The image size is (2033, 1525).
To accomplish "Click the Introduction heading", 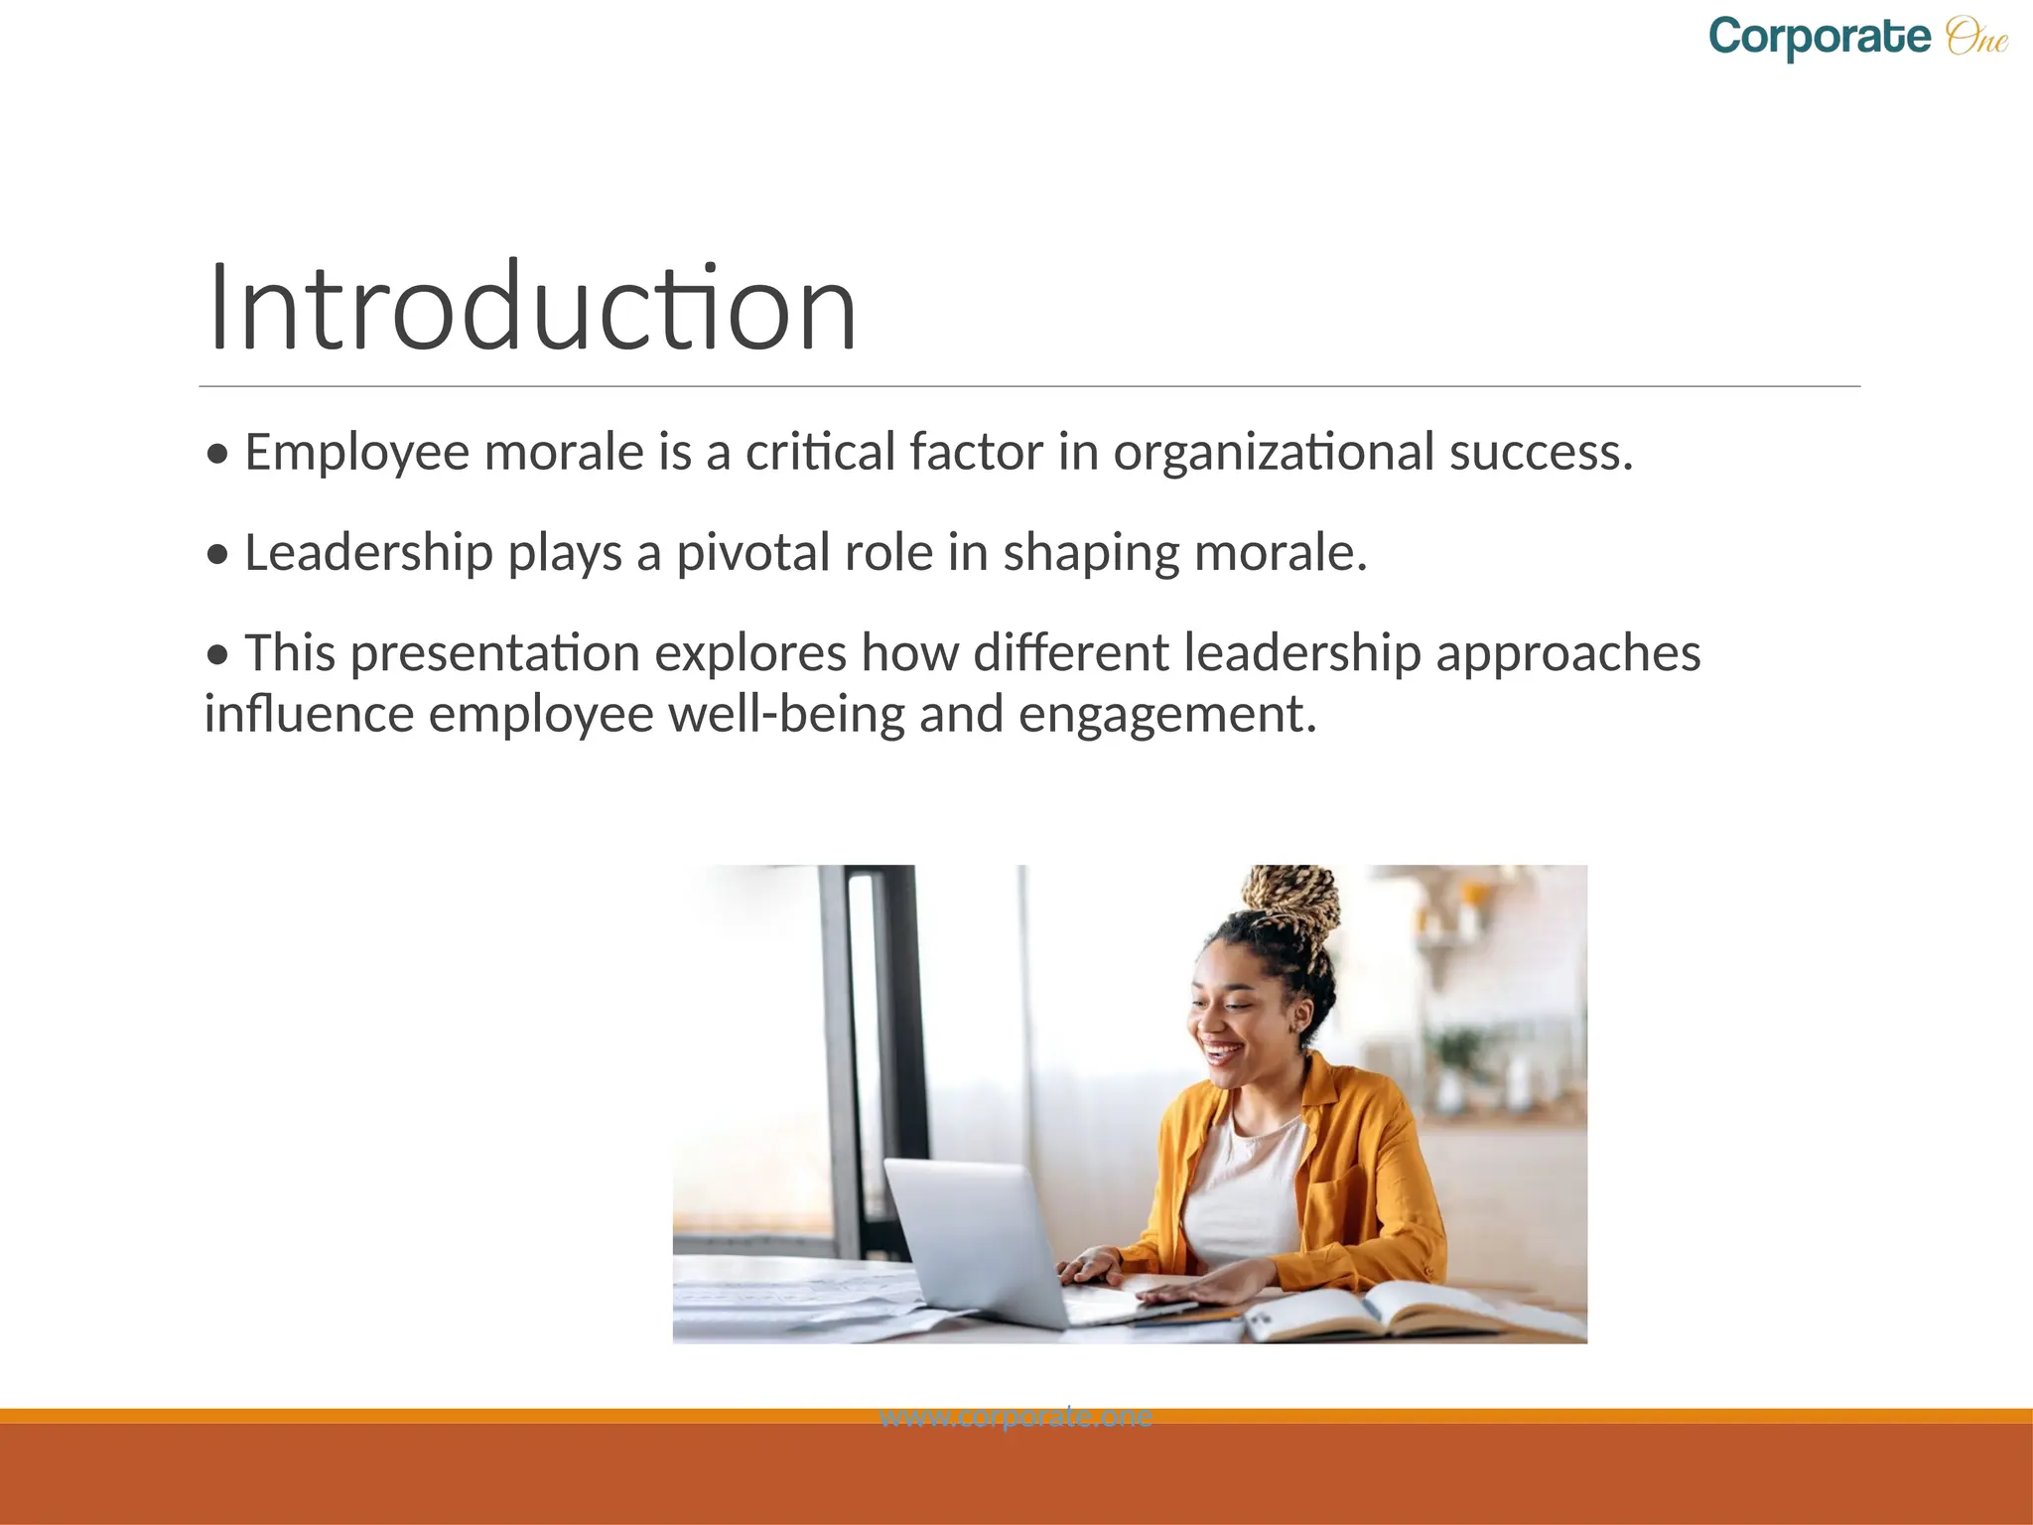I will tap(533, 307).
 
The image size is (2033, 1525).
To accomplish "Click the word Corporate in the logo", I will tap(1820, 39).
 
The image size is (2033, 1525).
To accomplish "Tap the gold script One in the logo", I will tap(1976, 38).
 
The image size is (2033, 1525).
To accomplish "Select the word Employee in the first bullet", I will tap(356, 453).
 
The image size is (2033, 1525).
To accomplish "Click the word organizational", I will tap(1274, 453).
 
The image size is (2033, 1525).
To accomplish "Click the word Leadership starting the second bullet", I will tap(368, 553).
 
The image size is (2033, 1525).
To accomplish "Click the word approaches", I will tap(1567, 654).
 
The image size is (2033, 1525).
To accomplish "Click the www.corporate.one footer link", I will tap(1016, 1417).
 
